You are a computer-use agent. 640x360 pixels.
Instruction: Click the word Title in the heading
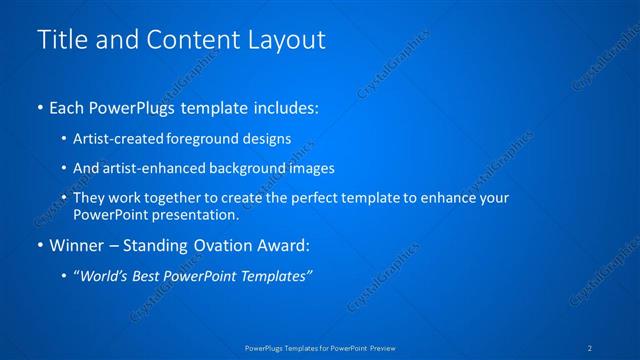tap(61, 40)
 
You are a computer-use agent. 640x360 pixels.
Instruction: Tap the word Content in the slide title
tap(184, 40)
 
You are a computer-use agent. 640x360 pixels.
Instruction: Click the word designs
tap(263, 140)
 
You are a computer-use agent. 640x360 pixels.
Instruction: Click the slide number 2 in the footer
tap(591, 348)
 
